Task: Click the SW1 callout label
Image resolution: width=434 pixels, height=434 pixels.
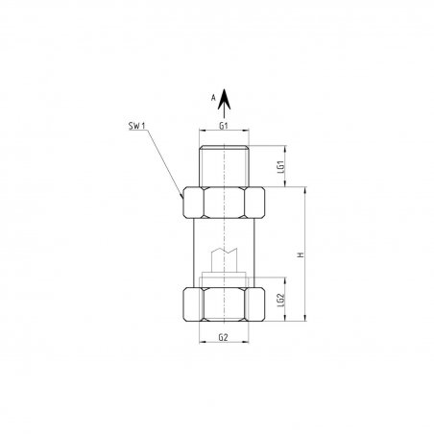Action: tap(136, 126)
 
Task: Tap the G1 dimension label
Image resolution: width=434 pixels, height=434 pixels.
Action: tap(224, 126)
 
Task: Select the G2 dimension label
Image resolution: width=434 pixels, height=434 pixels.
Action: tap(224, 337)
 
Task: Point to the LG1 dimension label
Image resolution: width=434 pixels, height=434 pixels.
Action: tap(281, 167)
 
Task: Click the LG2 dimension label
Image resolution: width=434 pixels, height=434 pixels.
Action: tap(281, 301)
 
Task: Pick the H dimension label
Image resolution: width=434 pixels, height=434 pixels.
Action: tap(301, 255)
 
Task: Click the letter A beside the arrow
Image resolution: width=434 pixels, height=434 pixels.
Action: tap(213, 98)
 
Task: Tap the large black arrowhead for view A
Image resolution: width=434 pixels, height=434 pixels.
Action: tap(224, 99)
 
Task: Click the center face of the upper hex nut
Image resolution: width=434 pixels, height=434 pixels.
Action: tap(224, 203)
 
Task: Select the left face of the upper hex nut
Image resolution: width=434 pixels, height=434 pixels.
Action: tap(193, 203)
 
